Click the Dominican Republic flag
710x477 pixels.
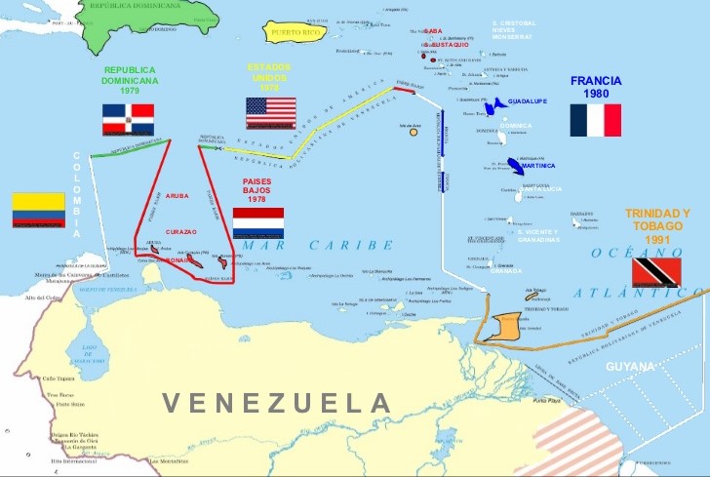128,119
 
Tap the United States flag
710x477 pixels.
270,112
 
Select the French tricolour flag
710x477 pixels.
596,120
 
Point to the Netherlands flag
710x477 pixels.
258,222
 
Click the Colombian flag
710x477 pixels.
38,211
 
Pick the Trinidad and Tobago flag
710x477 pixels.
655,272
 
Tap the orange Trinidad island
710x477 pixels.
507,325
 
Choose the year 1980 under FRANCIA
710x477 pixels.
597,94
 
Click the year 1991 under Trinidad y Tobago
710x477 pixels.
656,238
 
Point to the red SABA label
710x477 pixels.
433,31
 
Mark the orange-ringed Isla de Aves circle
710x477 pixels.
414,132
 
